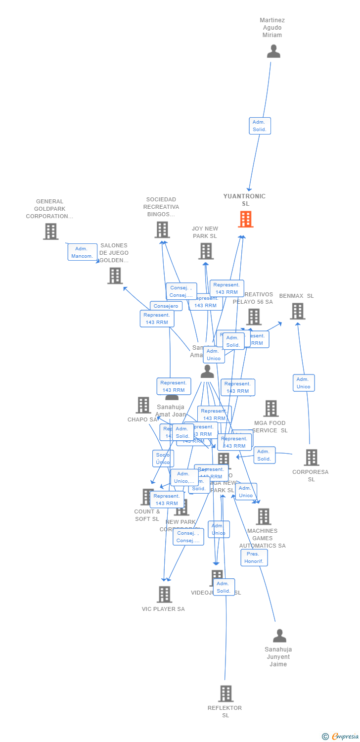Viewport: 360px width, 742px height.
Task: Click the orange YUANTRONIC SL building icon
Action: pos(245,219)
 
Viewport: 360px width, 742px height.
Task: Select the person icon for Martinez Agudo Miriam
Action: pos(273,51)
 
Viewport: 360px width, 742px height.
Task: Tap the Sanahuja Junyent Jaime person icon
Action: pos(279,636)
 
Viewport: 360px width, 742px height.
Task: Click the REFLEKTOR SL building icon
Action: pos(225,694)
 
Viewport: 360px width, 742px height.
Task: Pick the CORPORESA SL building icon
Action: pos(311,458)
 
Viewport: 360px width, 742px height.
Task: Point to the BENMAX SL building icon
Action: pos(297,311)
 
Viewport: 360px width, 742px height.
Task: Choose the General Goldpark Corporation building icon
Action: pos(50,231)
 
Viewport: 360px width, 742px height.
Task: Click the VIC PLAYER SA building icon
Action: pos(164,594)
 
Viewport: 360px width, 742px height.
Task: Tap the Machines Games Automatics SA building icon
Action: pos(263,516)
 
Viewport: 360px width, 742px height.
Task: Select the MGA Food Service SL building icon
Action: pos(270,409)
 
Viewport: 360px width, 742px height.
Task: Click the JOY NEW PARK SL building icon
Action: pos(205,251)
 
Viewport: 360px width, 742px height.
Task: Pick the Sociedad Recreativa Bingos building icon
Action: pos(162,230)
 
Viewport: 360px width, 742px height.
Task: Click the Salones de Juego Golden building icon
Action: pos(115,276)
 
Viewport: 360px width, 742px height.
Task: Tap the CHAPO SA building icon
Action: pos(143,405)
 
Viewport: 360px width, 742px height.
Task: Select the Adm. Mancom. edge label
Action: pos(82,252)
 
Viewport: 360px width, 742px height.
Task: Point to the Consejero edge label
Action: pos(166,306)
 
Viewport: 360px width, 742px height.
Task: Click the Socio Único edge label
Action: pos(163,459)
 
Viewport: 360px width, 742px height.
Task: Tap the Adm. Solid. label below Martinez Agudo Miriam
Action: pos(260,126)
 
